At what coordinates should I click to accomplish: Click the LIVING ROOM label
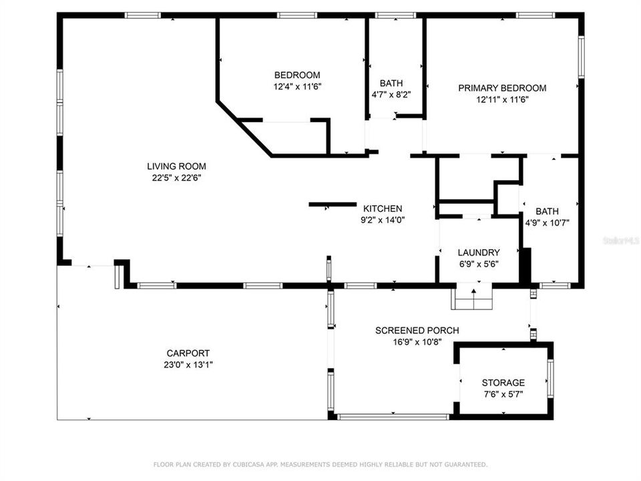(x=176, y=166)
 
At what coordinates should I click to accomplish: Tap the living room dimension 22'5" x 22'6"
(x=176, y=178)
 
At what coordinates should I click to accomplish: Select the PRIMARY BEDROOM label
(x=502, y=88)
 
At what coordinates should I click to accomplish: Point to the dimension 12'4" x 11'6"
(x=296, y=87)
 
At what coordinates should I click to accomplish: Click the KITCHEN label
(x=382, y=208)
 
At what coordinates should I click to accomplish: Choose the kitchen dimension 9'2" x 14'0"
(x=382, y=220)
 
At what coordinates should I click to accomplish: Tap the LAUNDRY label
(x=478, y=253)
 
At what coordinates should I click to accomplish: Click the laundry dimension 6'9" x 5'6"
(x=478, y=264)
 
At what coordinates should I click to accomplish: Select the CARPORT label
(x=188, y=353)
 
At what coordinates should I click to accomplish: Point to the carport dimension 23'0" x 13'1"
(x=188, y=365)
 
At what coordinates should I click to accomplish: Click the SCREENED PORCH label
(x=417, y=331)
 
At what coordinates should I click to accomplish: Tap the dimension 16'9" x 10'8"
(x=417, y=342)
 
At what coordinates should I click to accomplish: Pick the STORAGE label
(x=503, y=383)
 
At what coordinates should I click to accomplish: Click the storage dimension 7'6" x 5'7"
(x=503, y=394)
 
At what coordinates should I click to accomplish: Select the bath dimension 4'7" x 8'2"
(x=391, y=95)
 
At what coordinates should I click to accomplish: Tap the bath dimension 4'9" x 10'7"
(x=547, y=223)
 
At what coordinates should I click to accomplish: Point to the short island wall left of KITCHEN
(x=333, y=204)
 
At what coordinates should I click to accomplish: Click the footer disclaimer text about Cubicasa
(x=320, y=464)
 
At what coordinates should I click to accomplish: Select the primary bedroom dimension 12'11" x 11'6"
(x=502, y=100)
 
